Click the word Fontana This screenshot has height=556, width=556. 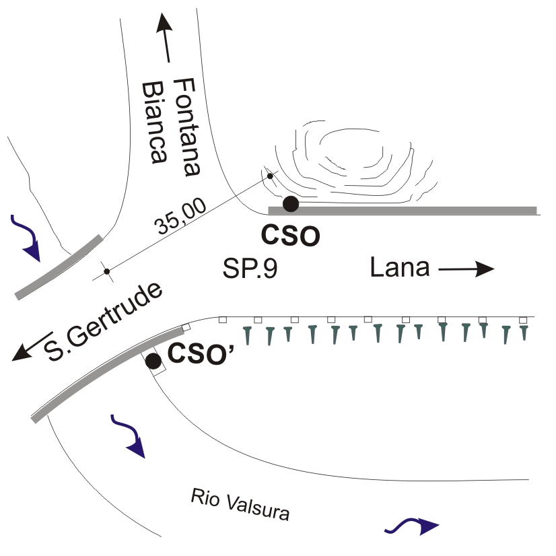click(186, 127)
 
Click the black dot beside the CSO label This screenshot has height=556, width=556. click(290, 203)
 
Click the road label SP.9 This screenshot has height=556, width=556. click(250, 269)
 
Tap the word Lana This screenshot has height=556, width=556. click(400, 269)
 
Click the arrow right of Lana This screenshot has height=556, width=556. click(466, 270)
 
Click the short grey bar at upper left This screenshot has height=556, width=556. click(59, 267)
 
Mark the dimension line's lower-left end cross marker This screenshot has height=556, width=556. click(106, 272)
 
